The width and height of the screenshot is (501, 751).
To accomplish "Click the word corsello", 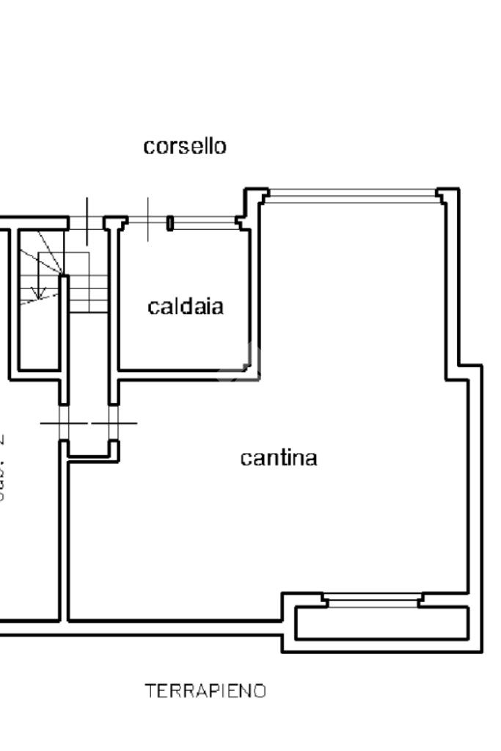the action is [x=184, y=146].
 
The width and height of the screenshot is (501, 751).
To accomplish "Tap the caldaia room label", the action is [x=186, y=306].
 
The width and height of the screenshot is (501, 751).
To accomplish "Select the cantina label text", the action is [x=279, y=458].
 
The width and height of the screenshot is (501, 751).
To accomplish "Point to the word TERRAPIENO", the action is [x=205, y=691].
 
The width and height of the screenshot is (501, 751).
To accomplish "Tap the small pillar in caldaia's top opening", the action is [x=169, y=222].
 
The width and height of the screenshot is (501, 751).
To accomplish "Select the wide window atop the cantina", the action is [x=352, y=195].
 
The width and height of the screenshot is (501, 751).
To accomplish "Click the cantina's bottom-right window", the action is [x=373, y=601].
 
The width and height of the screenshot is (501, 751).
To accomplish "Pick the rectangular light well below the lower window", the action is [x=381, y=623].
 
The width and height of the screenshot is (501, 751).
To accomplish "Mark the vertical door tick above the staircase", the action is [x=87, y=220].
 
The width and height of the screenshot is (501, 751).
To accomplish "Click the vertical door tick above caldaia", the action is [x=149, y=219].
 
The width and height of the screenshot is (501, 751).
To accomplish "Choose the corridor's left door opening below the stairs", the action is [x=64, y=423].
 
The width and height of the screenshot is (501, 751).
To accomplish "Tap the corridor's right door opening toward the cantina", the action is [x=114, y=423].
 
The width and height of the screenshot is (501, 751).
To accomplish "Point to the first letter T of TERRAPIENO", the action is [x=150, y=691].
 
